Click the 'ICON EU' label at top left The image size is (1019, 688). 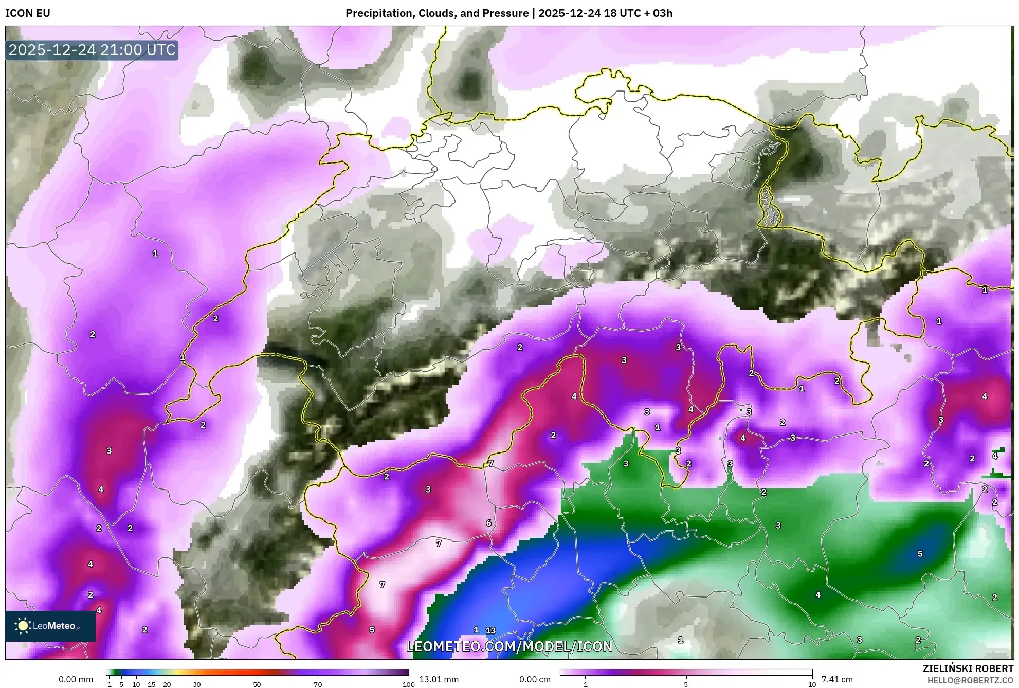coord(28,13)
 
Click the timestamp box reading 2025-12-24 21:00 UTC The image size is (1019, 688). coord(92,50)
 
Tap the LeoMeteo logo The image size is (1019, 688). coord(50,626)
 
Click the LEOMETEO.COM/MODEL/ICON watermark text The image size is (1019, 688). coord(509,646)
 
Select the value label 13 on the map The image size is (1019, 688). coord(491,630)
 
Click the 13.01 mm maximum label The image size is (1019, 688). coord(439,679)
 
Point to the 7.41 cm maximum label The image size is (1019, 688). coord(837,679)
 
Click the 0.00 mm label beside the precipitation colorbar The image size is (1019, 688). coord(76,679)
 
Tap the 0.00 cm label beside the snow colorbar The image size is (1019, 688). coord(535,679)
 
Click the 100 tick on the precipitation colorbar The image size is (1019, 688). coord(408,684)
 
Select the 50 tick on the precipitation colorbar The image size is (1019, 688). coord(257,684)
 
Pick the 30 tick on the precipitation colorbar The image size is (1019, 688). coord(197,684)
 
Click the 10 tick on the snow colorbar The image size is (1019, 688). coord(812,684)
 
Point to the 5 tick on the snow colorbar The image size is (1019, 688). coord(686,684)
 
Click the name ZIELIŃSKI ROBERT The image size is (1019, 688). coord(968,668)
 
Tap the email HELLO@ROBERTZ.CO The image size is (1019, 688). coord(970,680)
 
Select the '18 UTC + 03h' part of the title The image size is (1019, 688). coord(638,13)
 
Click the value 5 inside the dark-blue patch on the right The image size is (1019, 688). coord(920,554)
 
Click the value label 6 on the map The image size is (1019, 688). coord(488,523)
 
